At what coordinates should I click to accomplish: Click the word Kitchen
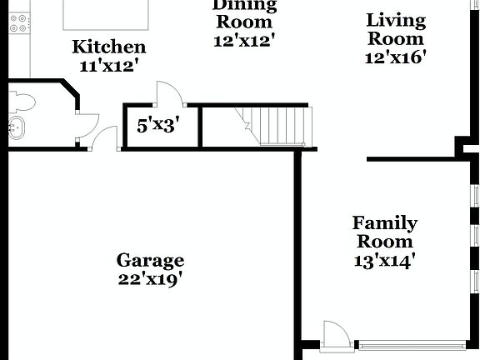click(108, 47)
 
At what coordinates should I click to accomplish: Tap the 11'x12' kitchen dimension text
click(108, 65)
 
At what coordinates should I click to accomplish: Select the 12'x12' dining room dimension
click(244, 39)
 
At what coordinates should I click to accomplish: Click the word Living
click(396, 19)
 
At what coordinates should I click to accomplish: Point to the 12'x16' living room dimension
click(396, 57)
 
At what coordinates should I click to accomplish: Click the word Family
click(384, 223)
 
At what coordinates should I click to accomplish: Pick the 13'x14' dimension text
click(384, 260)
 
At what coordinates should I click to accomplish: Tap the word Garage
click(150, 260)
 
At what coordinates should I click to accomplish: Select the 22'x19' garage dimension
click(150, 278)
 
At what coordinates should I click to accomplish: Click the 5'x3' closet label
click(157, 126)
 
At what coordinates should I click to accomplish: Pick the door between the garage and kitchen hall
click(104, 138)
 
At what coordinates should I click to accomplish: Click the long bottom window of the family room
click(412, 343)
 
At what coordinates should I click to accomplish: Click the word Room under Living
click(396, 38)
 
